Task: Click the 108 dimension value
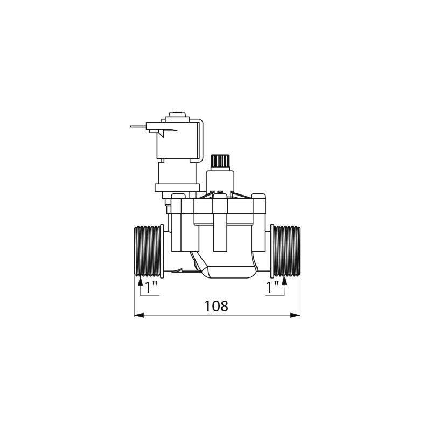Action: [217, 306]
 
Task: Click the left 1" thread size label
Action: [151, 287]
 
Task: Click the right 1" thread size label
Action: [274, 287]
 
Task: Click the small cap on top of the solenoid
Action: [176, 114]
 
